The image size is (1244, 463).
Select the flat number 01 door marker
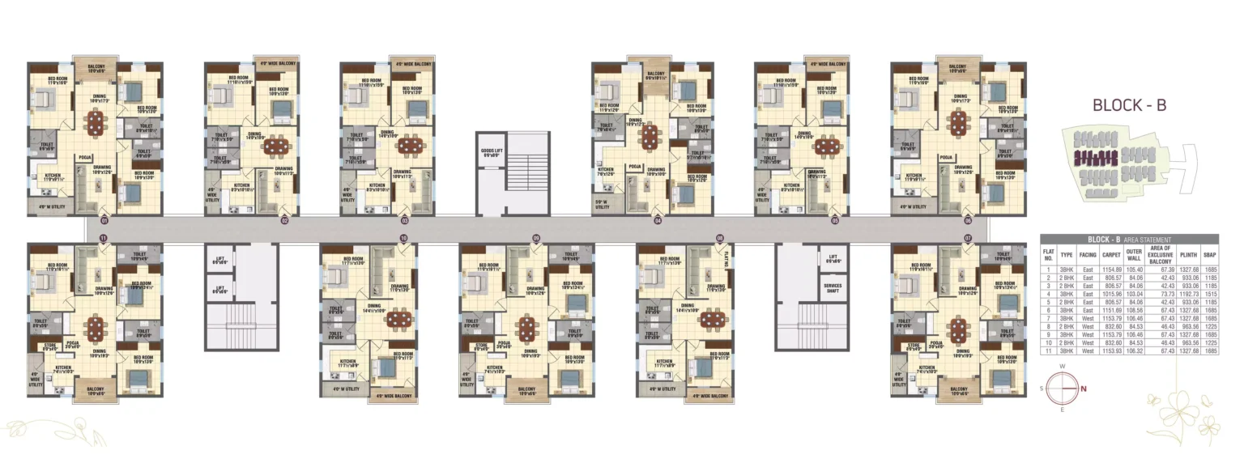pyautogui.click(x=104, y=219)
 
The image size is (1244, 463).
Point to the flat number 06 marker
pyautogui.click(x=967, y=219)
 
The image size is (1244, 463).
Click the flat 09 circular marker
pyautogui.click(x=535, y=237)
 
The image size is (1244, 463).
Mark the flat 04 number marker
pyautogui.click(x=658, y=219)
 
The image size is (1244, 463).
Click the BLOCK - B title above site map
pyautogui.click(x=1129, y=105)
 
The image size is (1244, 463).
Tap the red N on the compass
pyautogui.click(x=1084, y=389)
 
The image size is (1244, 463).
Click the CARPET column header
pyautogui.click(x=1111, y=254)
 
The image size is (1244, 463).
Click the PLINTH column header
pyautogui.click(x=1188, y=254)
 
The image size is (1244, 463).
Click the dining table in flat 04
pyautogui.click(x=650, y=138)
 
